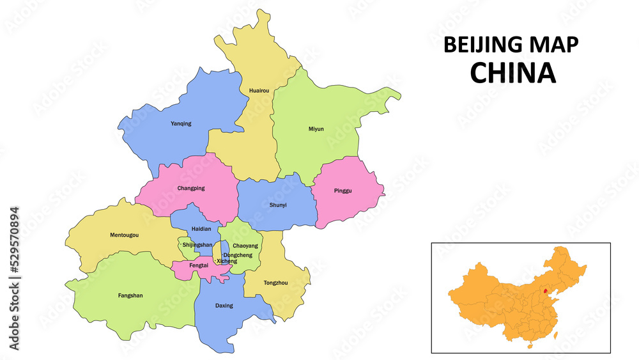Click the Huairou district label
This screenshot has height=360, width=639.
coord(258,91)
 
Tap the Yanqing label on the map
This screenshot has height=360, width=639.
coord(181,123)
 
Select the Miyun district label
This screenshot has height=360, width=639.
coord(316,129)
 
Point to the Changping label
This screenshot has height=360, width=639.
coord(191,188)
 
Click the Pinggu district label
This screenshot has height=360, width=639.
coord(343,191)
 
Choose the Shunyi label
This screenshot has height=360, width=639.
coord(278,205)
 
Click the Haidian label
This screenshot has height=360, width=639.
coord(201,229)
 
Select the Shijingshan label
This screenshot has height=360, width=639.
coord(197,245)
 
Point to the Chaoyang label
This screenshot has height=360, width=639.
coord(245,246)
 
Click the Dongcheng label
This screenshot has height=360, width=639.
coord(238,255)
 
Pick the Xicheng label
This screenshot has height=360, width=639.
coord(227,261)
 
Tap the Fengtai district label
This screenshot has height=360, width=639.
coord(199,265)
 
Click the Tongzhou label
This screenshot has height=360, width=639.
coord(275,282)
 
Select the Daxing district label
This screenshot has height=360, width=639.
coord(224,306)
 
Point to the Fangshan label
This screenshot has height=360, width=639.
coord(130,295)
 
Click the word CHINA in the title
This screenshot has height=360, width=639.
coord(512,73)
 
